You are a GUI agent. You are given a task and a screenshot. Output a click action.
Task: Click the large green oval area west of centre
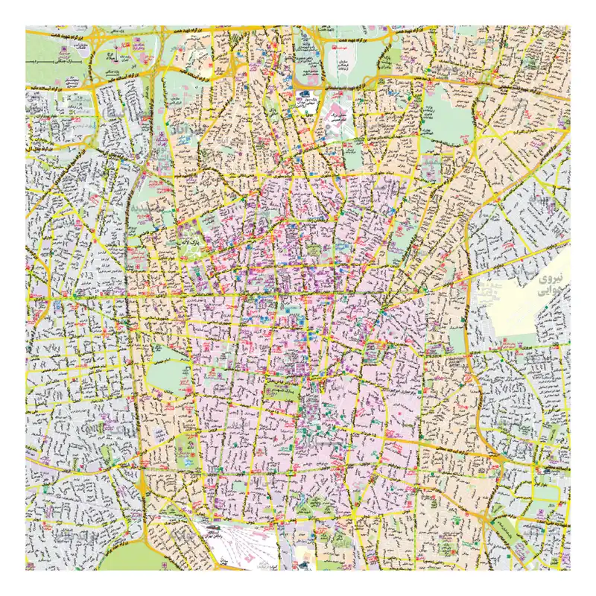[169, 375]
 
